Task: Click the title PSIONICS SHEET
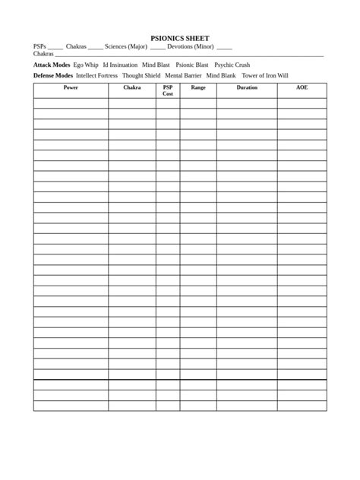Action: [x=180, y=38]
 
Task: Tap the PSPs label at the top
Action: [x=39, y=46]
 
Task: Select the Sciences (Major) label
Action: [x=126, y=46]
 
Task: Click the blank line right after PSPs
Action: [x=55, y=47]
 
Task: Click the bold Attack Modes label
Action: [x=52, y=65]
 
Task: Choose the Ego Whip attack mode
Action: [x=86, y=65]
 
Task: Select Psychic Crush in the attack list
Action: [x=232, y=65]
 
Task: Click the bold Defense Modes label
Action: [x=53, y=76]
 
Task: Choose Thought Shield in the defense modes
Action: [x=141, y=76]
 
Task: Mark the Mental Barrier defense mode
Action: [x=183, y=76]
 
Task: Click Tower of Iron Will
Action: [x=265, y=76]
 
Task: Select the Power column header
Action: [x=71, y=88]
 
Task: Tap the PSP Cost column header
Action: [x=168, y=90]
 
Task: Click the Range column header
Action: [x=198, y=88]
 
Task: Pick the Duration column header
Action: [x=247, y=88]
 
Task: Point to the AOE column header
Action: [x=302, y=88]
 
